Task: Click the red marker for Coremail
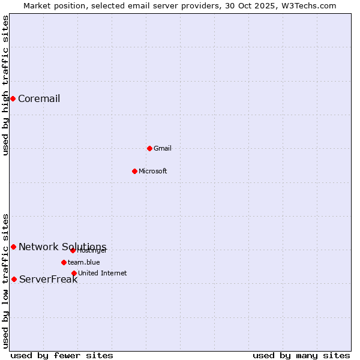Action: click(x=13, y=98)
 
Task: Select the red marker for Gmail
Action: click(x=149, y=148)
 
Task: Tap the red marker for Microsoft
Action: click(x=134, y=171)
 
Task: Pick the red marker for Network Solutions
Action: click(x=13, y=247)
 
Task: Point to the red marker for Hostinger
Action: click(x=73, y=250)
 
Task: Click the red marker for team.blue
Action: click(x=64, y=262)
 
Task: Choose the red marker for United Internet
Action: click(x=74, y=273)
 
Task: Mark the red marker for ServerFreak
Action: click(x=14, y=279)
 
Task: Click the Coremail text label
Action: click(x=39, y=99)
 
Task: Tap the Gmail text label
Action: click(x=162, y=148)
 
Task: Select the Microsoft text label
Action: click(x=152, y=171)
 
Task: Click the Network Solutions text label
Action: click(x=62, y=247)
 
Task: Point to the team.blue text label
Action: click(x=83, y=262)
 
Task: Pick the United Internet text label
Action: click(x=102, y=273)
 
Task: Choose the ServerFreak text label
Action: click(x=48, y=279)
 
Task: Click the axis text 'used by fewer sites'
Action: click(x=62, y=355)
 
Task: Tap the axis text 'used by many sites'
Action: click(x=301, y=355)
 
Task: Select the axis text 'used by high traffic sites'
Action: click(x=5, y=85)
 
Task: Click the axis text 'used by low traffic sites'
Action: click(x=5, y=281)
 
